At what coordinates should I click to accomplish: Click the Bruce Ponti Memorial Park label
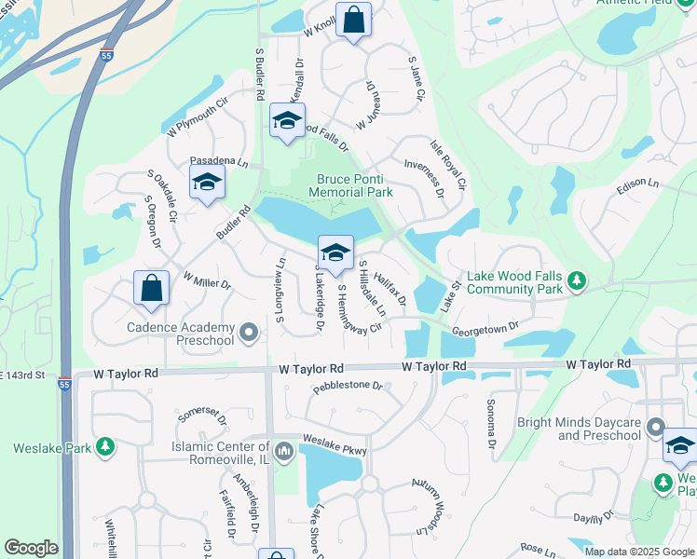pos(354,185)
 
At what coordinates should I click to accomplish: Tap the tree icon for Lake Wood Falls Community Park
pos(577,279)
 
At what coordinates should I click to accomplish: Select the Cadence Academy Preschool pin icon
pos(248,332)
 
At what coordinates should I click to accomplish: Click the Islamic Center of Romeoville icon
pos(284,452)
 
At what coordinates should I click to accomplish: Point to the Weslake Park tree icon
pos(107,447)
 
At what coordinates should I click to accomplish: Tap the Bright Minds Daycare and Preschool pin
pos(656,428)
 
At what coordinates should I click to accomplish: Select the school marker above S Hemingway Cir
pos(335,252)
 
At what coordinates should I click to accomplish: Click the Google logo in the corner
pos(31,548)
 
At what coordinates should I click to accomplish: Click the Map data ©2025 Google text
pos(638,551)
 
